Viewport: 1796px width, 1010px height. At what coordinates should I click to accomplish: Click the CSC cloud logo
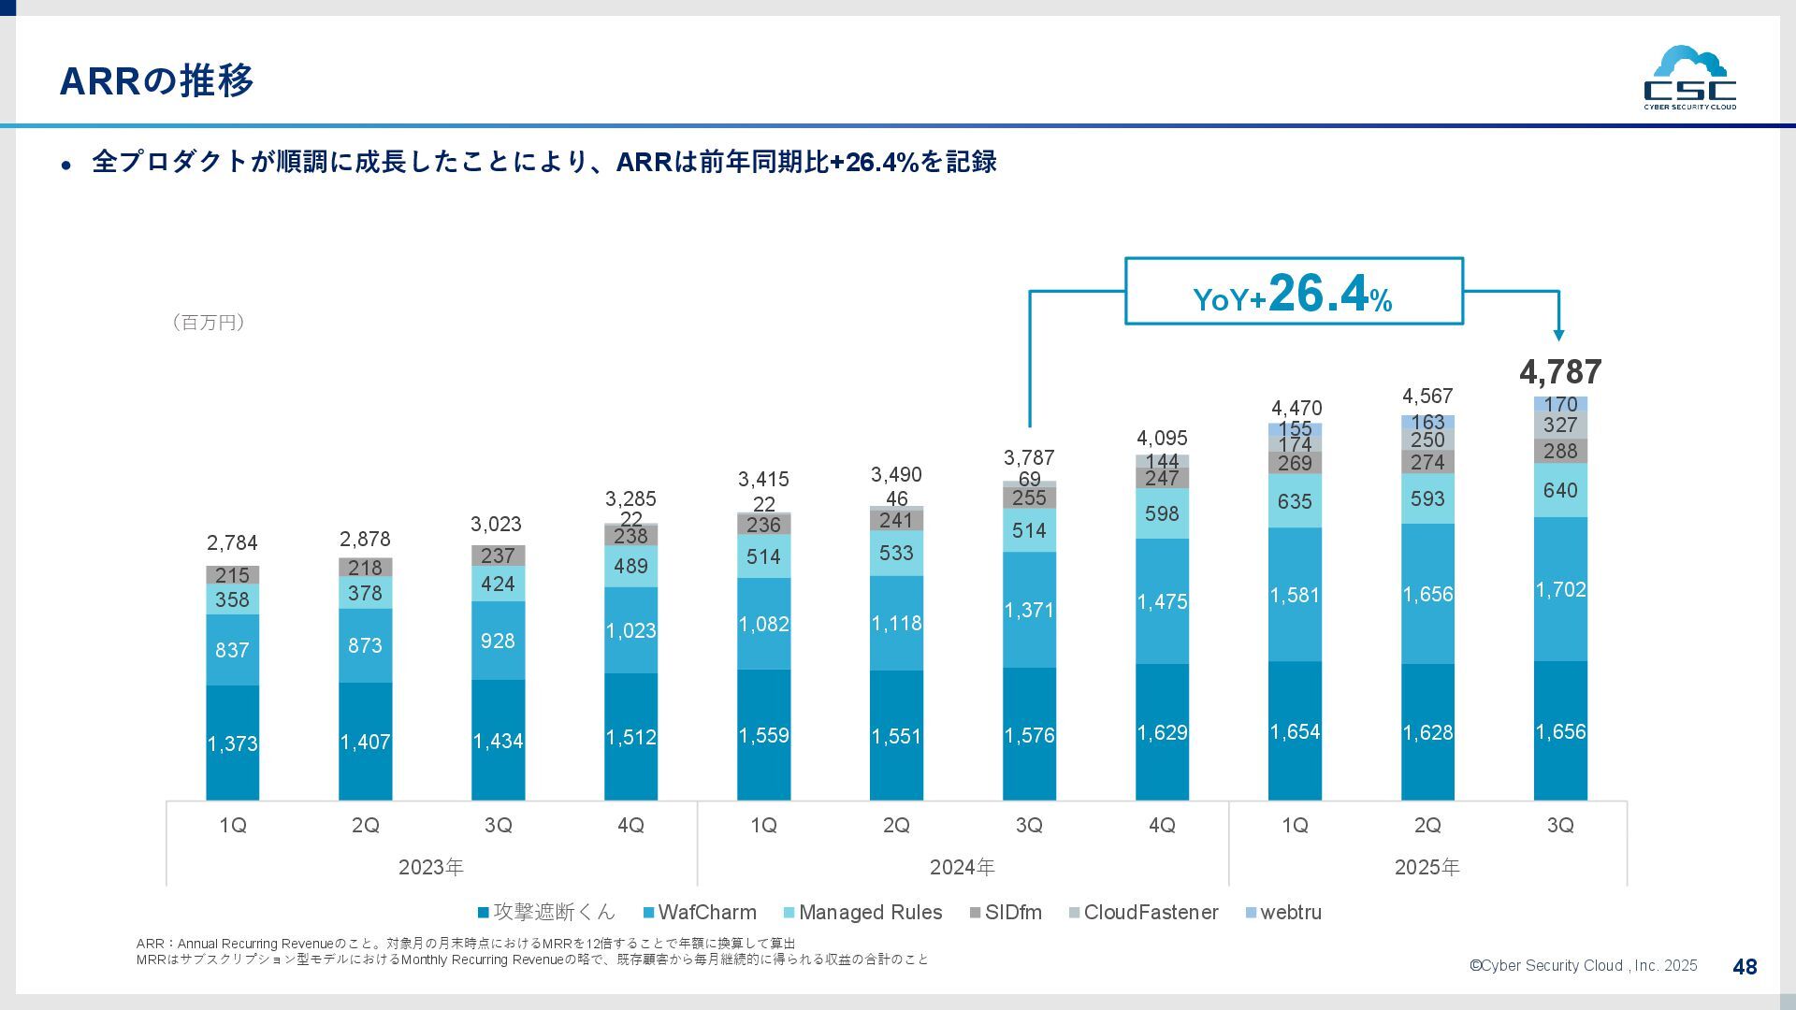(x=1689, y=78)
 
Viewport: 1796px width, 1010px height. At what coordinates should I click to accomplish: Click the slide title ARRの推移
(x=157, y=81)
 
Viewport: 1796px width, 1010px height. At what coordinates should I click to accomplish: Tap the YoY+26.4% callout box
(x=1293, y=292)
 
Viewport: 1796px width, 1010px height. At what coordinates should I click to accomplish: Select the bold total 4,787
(x=1560, y=372)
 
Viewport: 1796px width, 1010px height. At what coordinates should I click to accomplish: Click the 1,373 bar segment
(x=232, y=743)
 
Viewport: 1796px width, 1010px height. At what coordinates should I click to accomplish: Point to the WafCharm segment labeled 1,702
(x=1560, y=589)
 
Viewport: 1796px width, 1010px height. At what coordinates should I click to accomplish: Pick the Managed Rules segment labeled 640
(x=1560, y=490)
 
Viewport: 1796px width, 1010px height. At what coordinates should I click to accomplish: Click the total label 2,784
(x=232, y=542)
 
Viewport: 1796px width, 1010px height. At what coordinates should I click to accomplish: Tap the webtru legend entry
(x=1283, y=912)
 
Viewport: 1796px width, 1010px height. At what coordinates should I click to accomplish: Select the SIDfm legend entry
(x=1006, y=912)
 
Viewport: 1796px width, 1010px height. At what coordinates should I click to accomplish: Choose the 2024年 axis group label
(x=962, y=867)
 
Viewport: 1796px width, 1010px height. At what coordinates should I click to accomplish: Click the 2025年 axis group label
(x=1427, y=867)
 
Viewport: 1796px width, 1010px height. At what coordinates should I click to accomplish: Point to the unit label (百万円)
(x=209, y=323)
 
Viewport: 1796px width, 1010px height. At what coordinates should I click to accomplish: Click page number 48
(x=1745, y=967)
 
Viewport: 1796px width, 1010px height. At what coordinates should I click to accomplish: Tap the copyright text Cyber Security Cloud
(x=1583, y=966)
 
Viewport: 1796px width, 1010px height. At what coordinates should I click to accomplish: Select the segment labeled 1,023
(x=630, y=630)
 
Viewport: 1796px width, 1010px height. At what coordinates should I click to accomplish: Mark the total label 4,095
(x=1162, y=438)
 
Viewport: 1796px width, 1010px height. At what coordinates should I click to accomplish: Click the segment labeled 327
(x=1560, y=426)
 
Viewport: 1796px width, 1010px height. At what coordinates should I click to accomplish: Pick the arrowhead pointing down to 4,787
(x=1558, y=335)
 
